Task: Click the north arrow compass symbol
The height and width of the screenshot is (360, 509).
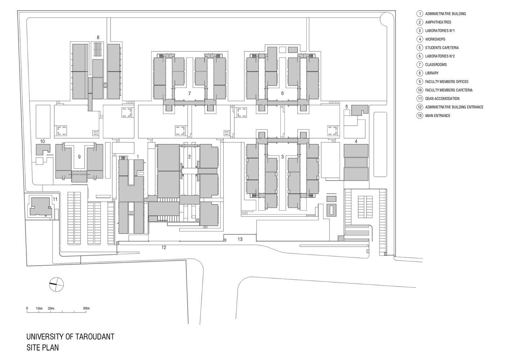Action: [x=57, y=284]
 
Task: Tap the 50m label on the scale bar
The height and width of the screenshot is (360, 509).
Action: [x=86, y=309]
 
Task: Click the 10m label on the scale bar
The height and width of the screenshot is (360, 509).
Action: [x=39, y=309]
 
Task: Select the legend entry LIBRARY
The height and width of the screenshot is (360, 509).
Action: [x=432, y=73]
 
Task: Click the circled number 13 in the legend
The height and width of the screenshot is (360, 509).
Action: [x=420, y=116]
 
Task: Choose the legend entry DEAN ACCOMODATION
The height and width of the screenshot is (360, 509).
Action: [x=442, y=99]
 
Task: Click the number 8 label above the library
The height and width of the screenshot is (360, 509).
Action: [x=98, y=37]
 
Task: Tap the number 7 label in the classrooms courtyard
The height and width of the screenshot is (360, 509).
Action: [x=189, y=93]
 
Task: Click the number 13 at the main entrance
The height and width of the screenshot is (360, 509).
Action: [x=240, y=239]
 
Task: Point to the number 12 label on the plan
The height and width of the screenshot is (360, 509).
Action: [x=164, y=247]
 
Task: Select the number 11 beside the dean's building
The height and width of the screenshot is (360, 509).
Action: [x=55, y=199]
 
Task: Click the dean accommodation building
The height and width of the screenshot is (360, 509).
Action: [x=40, y=206]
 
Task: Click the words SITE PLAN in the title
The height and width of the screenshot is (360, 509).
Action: [x=43, y=347]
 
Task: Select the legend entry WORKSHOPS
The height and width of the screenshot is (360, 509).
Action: [x=435, y=39]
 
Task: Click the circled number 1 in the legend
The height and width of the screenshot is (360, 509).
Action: [x=420, y=14]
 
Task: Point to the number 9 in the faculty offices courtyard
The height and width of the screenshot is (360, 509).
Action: [x=79, y=157]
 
